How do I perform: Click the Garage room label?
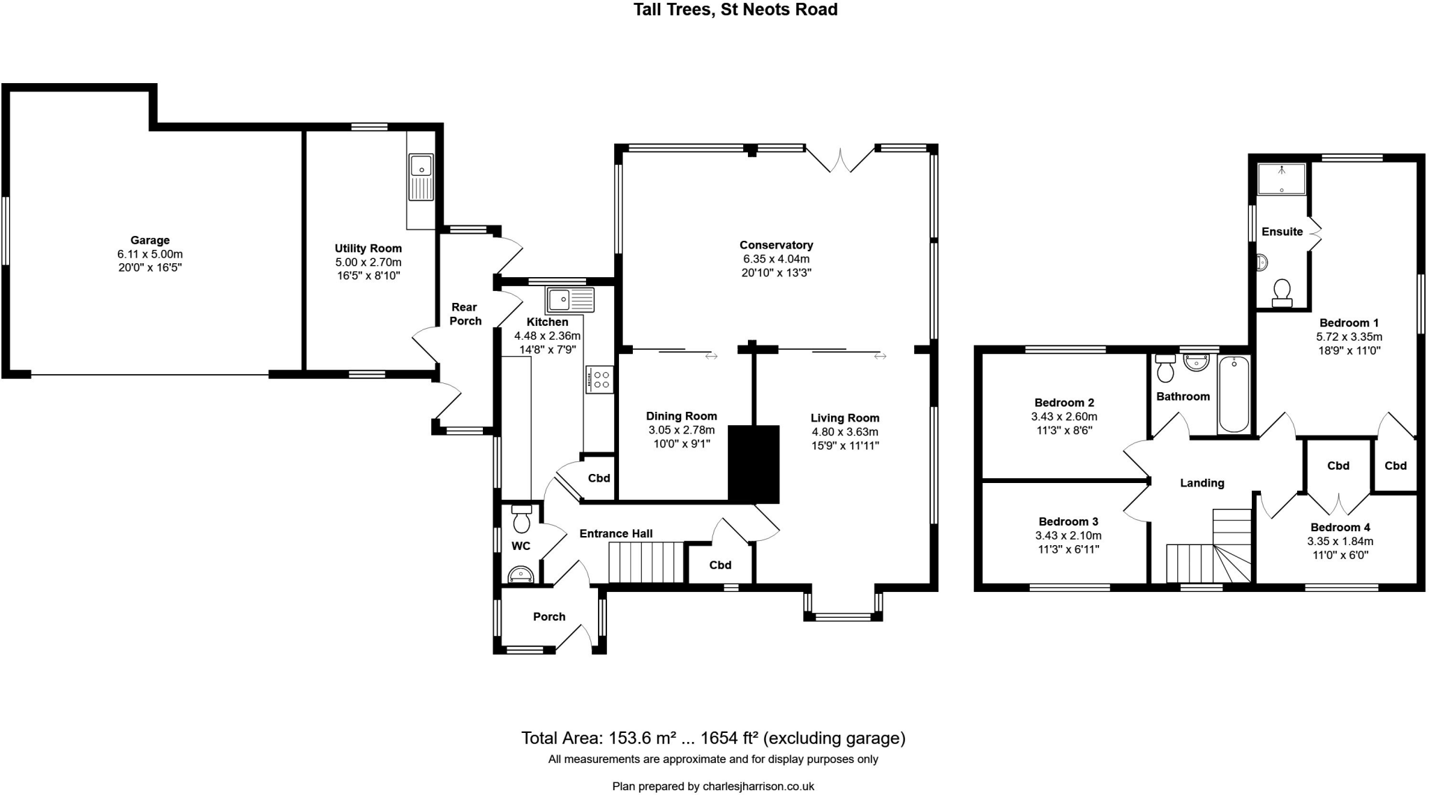coord(149,240)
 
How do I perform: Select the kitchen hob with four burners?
coord(599,379)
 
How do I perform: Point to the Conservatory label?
coord(776,245)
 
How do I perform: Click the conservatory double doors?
coord(840,160)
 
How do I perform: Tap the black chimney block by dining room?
coord(753,463)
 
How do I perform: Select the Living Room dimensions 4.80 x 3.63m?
coord(844,432)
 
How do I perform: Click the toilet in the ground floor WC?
coord(521,519)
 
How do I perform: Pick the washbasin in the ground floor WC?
coord(521,574)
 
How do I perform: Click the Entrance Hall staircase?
coord(645,563)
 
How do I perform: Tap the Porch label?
coord(549,616)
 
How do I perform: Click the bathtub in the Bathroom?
coord(1234,394)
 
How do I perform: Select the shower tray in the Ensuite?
coord(1281,179)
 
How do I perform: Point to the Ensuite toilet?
coord(1282,292)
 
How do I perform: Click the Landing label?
coord(1202,482)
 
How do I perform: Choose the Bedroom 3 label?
coord(1068,521)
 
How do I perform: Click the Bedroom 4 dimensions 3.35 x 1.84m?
coord(1340,541)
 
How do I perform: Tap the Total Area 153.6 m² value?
coord(643,738)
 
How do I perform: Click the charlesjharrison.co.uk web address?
coord(758,786)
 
